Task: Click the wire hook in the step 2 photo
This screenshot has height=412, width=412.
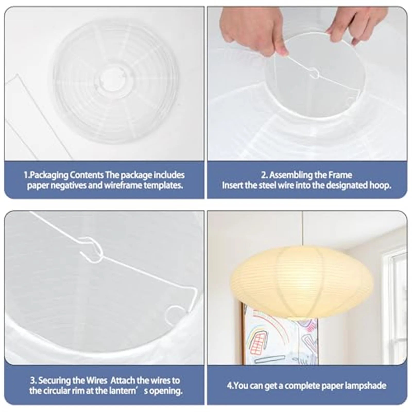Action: (314, 73)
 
